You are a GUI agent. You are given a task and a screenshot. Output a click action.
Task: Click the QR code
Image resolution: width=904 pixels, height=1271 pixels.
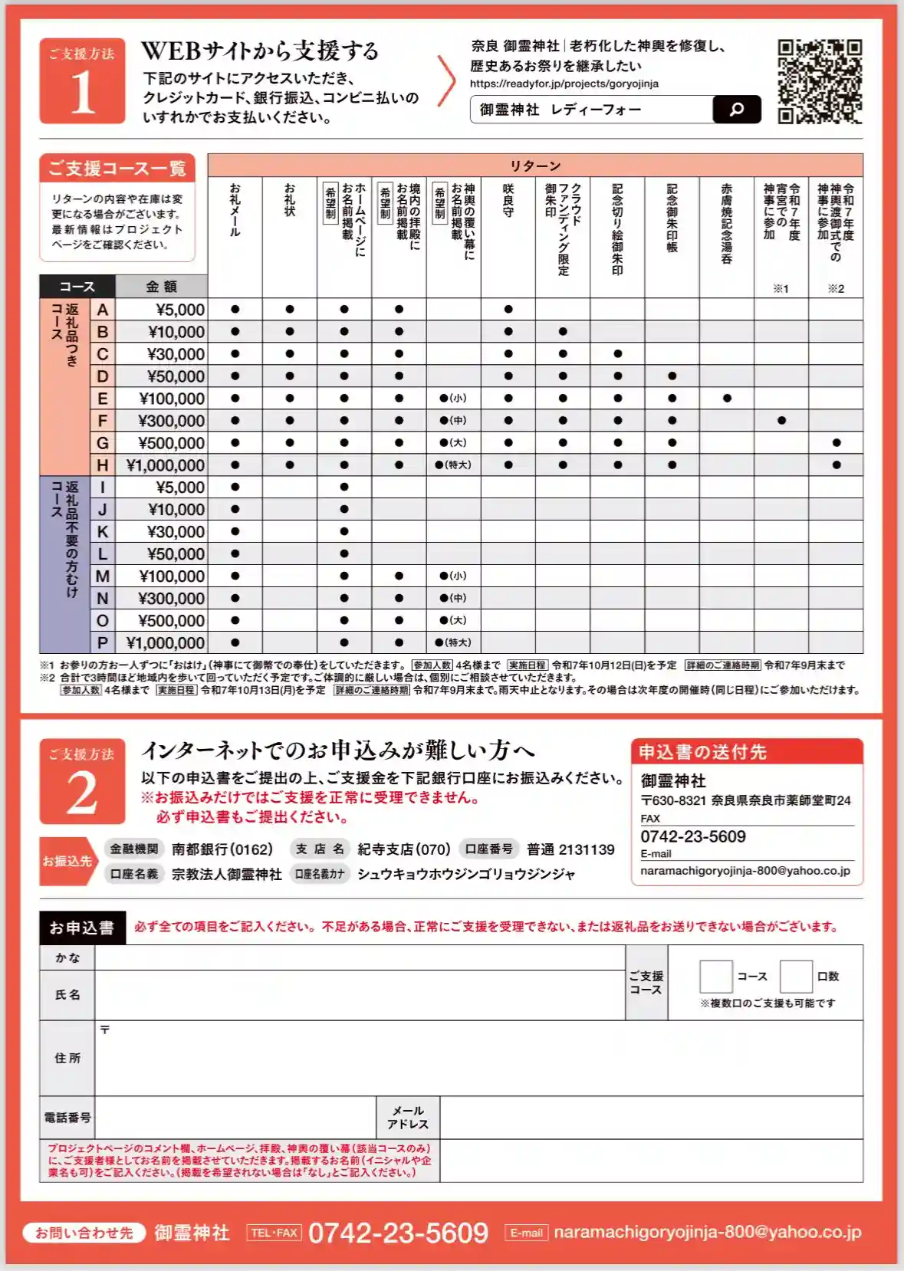[820, 81]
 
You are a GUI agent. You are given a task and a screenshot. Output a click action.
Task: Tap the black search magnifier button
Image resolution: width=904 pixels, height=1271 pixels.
[736, 110]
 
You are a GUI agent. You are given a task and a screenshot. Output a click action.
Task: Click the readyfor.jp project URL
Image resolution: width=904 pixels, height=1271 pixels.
[564, 84]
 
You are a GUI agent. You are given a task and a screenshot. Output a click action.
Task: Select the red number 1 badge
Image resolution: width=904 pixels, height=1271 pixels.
[82, 81]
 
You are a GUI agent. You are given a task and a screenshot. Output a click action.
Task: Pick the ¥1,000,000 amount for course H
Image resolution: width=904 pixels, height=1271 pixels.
[165, 465]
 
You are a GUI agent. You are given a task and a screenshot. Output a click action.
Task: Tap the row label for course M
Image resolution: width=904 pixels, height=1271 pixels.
[102, 576]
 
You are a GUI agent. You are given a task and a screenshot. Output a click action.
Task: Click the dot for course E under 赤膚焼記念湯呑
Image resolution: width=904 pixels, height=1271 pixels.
[727, 399]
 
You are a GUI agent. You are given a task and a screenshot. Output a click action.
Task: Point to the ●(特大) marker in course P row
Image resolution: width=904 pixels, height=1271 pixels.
[453, 642]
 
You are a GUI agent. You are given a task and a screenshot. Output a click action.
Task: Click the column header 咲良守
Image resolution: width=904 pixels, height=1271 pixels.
[508, 201]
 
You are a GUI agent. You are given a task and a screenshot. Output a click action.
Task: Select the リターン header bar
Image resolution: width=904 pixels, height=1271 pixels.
[535, 166]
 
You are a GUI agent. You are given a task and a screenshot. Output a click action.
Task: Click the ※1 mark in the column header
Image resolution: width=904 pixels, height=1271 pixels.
[781, 289]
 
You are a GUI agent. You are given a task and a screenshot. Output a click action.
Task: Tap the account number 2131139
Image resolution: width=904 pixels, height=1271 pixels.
[587, 849]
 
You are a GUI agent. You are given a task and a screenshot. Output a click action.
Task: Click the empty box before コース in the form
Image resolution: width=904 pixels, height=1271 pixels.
[716, 977]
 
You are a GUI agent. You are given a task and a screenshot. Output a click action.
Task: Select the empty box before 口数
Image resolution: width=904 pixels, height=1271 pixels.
[796, 977]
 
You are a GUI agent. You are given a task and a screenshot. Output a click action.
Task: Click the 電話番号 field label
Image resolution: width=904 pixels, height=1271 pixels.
[67, 1118]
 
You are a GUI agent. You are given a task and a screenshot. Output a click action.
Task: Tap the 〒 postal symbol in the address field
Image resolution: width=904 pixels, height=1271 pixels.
[105, 1030]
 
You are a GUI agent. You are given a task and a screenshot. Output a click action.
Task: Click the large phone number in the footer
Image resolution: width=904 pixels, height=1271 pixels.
[398, 1233]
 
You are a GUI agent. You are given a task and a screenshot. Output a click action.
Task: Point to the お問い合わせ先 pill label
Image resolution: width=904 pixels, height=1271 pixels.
[84, 1233]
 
